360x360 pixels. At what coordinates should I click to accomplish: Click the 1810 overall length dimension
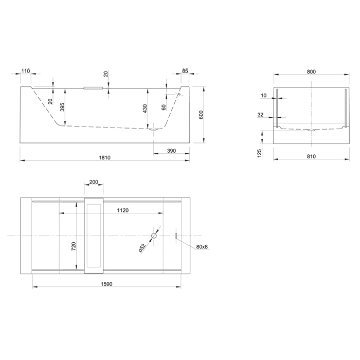click(105, 157)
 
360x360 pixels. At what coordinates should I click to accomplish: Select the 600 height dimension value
click(201, 115)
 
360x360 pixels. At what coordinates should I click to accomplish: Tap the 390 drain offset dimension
click(171, 151)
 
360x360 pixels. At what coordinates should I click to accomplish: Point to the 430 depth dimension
click(145, 109)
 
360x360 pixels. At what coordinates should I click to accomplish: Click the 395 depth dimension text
click(62, 107)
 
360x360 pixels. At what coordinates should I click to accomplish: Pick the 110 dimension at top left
click(26, 71)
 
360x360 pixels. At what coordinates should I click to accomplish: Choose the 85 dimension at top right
click(185, 71)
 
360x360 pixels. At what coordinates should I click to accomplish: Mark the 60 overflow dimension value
click(164, 107)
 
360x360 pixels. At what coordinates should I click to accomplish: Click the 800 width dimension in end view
click(311, 71)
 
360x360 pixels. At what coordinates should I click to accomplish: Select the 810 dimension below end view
click(311, 156)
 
